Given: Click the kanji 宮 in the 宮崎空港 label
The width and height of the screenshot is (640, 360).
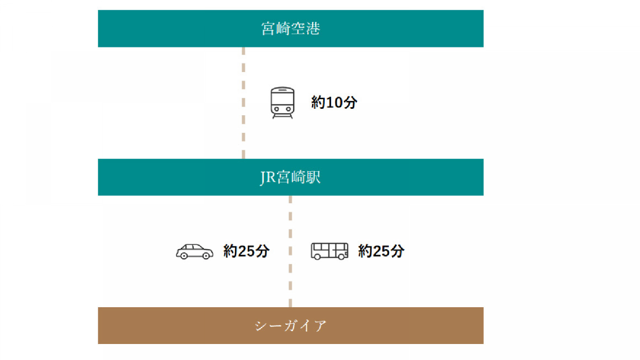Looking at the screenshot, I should (268, 29).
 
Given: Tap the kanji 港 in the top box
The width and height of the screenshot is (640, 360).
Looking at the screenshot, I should (313, 29).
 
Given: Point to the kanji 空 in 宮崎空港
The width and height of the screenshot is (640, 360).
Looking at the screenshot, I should (298, 29).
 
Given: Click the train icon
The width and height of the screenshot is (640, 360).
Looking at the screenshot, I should (282, 103).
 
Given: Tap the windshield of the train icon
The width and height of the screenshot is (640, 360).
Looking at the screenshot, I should (282, 99).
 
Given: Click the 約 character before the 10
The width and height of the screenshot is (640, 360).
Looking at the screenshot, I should (318, 103).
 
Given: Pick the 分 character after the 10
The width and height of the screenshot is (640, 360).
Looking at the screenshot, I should (349, 103).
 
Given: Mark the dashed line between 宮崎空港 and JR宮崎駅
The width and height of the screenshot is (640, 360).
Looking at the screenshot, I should (243, 103).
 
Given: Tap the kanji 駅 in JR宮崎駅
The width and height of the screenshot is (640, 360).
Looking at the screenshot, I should (314, 178).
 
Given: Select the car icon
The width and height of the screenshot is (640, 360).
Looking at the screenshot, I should (195, 251).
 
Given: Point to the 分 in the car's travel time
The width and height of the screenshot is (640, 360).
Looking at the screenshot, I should (262, 251).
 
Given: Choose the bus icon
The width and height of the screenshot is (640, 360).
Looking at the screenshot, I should (330, 251).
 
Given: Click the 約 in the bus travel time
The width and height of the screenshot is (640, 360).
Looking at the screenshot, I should (365, 251).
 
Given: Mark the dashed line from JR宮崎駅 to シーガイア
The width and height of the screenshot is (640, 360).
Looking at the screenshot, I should (290, 251).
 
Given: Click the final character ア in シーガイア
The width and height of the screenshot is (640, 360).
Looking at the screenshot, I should (320, 326).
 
